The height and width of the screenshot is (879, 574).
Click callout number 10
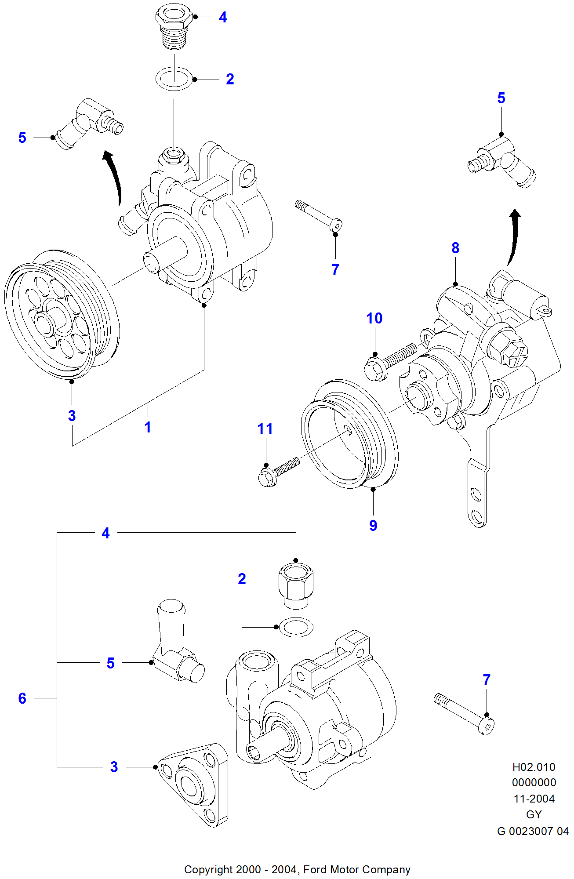pyautogui.click(x=374, y=318)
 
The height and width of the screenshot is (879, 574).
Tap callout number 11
pyautogui.click(x=265, y=429)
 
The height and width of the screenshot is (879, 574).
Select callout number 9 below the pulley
pyautogui.click(x=373, y=525)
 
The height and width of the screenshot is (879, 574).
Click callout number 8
pyautogui.click(x=455, y=248)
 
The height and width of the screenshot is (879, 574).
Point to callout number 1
pyautogui.click(x=148, y=427)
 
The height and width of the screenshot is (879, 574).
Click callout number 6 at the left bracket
pyautogui.click(x=22, y=698)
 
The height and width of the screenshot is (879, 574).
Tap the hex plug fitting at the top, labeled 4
pyautogui.click(x=174, y=25)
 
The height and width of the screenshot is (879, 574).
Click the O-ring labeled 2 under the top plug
pyautogui.click(x=174, y=79)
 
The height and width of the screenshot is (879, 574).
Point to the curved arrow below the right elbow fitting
pyautogui.click(x=513, y=237)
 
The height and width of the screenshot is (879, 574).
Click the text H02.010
pyautogui.click(x=534, y=767)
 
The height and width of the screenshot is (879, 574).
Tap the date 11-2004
pyautogui.click(x=534, y=799)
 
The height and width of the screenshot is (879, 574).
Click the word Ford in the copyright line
pyautogui.click(x=315, y=869)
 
